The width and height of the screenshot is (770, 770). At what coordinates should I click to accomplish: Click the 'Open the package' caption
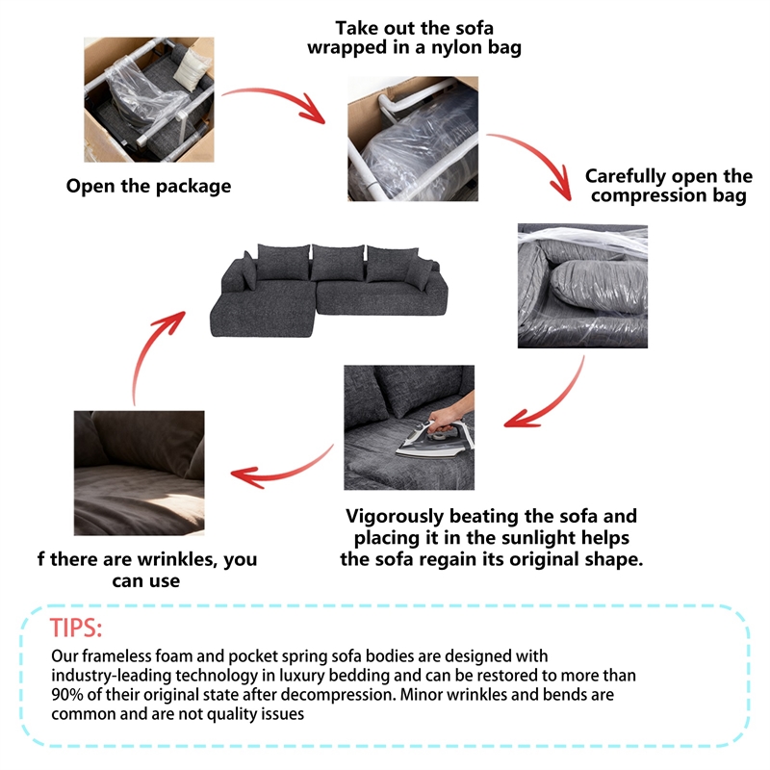pyautogui.click(x=148, y=186)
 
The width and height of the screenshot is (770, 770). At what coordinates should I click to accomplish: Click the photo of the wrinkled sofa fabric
pyautogui.click(x=140, y=473)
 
